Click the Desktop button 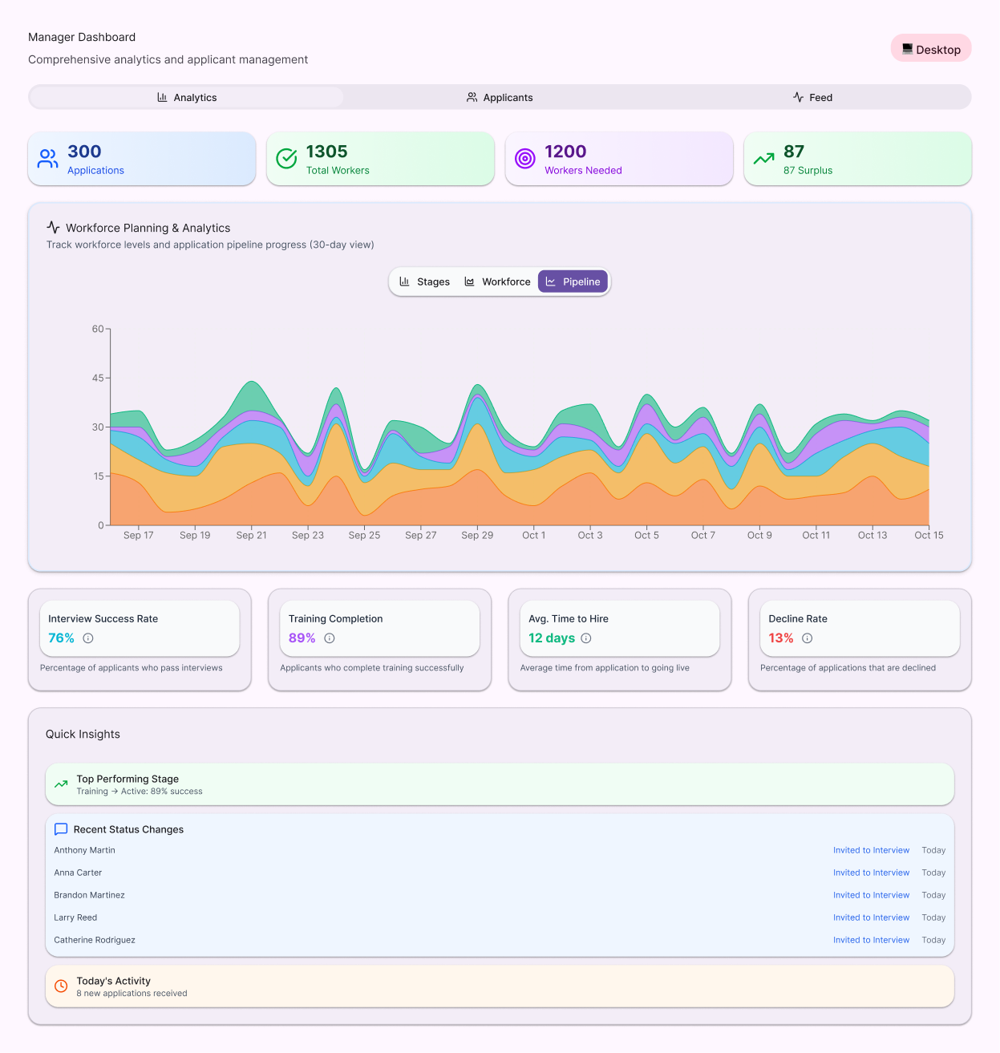point(930,49)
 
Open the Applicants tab point(500,98)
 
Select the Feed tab point(812,98)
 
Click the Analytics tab point(187,98)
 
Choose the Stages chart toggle point(424,282)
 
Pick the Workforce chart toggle point(497,282)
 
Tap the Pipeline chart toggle point(573,282)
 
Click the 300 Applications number point(84,152)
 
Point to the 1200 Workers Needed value point(565,152)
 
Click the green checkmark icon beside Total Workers point(286,159)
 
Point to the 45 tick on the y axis point(98,378)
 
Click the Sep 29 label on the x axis point(477,535)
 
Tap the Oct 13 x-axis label point(872,535)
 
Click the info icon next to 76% point(88,638)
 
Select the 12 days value point(552,638)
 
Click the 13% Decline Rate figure point(780,638)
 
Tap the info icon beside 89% point(330,638)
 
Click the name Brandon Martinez point(89,895)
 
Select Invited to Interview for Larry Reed point(871,917)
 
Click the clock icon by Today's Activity point(61,986)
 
